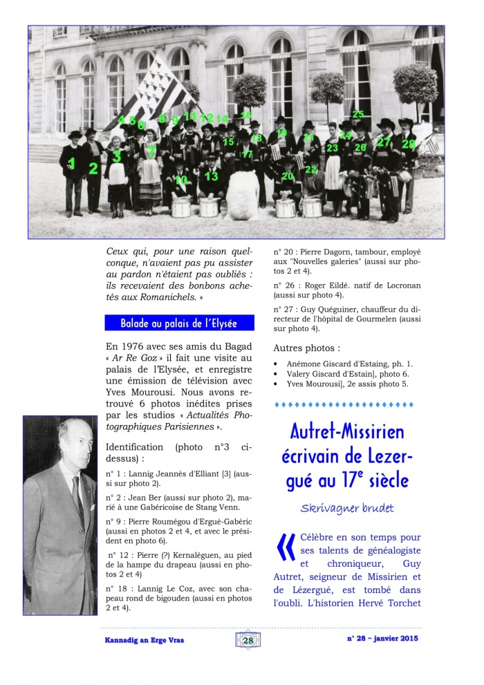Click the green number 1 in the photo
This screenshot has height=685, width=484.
click(x=72, y=164)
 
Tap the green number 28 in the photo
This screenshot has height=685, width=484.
click(x=409, y=144)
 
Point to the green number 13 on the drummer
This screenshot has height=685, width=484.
click(x=212, y=176)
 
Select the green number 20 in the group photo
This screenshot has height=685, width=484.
click(x=288, y=177)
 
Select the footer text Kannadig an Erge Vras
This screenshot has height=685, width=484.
click(x=140, y=640)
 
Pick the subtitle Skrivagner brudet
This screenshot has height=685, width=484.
click(x=346, y=508)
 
